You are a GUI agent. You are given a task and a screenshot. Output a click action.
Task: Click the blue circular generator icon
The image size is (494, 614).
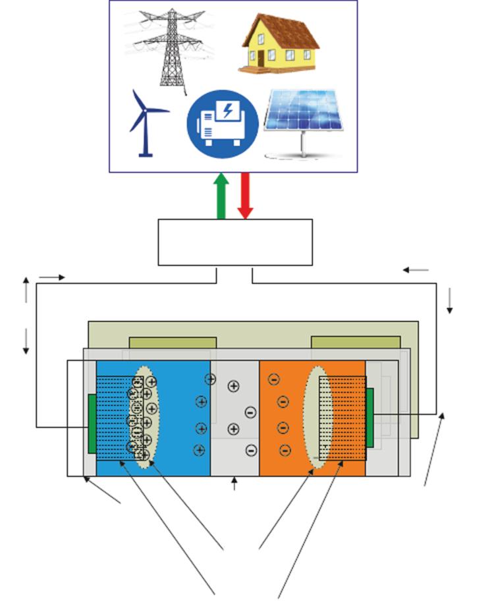coord(222,123)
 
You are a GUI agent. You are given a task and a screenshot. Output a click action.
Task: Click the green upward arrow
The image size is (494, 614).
coord(221,195)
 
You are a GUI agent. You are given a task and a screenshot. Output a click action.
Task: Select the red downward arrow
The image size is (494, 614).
coord(245,195)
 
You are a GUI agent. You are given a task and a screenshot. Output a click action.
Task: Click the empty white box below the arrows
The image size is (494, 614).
coord(235,242)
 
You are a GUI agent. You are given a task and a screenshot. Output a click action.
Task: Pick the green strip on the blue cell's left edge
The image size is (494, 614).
coord(92,424)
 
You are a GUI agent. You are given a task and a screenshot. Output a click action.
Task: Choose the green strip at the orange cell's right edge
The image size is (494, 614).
coord(370,417)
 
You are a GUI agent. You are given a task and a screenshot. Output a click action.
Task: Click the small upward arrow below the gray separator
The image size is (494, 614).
coord(234,485)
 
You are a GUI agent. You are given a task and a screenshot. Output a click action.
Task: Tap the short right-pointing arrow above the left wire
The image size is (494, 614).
coord(52,277)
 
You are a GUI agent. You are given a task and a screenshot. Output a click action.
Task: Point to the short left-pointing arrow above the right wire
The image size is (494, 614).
coord(416,269)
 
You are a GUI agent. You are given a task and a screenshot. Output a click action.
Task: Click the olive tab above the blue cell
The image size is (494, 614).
coord(173,343)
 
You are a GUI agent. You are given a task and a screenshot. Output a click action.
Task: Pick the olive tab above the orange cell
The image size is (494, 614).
coord(356,343)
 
